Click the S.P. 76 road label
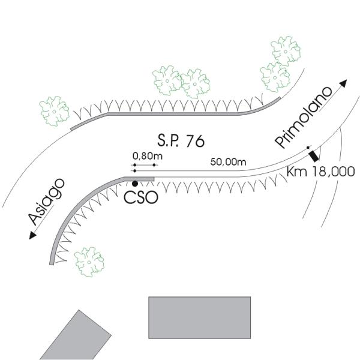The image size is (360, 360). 181,141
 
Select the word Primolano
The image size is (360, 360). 304,118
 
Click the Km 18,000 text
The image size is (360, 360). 320,171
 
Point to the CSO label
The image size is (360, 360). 142,197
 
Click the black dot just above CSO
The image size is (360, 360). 136,184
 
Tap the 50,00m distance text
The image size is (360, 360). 229,161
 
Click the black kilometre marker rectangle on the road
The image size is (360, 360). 313,156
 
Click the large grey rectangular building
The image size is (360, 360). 199,318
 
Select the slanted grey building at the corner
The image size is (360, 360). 76,335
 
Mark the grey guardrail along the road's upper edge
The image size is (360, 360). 180,112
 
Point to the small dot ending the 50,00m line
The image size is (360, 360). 308,148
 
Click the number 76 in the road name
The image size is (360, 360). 195,141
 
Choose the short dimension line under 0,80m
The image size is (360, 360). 145,164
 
